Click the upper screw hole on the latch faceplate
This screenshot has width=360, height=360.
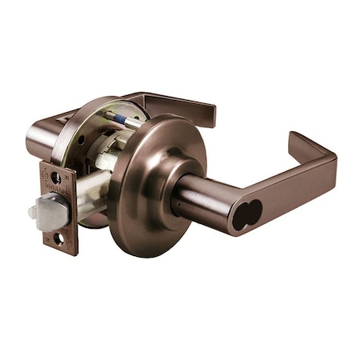(55, 178)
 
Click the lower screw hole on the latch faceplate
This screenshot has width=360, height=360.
(59, 238)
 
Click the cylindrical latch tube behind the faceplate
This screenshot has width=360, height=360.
(92, 192)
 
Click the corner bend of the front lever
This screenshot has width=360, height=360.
(324, 160)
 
